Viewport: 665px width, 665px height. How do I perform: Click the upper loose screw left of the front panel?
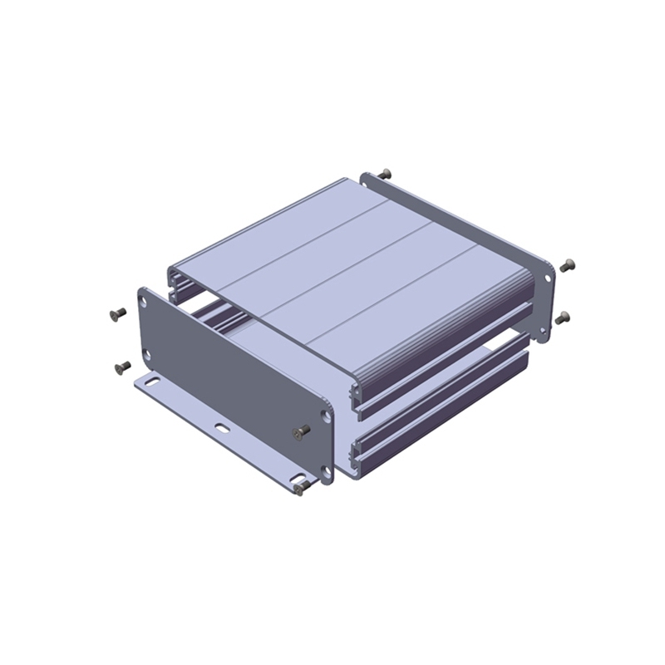pyautogui.click(x=117, y=313)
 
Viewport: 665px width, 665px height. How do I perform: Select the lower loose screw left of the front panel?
pyautogui.click(x=122, y=366)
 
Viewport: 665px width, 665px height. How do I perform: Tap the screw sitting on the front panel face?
pyautogui.click(x=303, y=431)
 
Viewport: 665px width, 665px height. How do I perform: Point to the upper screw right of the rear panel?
pyautogui.click(x=567, y=266)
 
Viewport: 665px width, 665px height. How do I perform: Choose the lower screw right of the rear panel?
pyautogui.click(x=563, y=318)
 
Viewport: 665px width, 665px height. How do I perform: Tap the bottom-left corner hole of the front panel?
pyautogui.click(x=148, y=355)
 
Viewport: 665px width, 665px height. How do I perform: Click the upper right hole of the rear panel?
pyautogui.click(x=548, y=276)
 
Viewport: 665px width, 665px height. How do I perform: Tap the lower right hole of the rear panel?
pyautogui.click(x=543, y=330)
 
